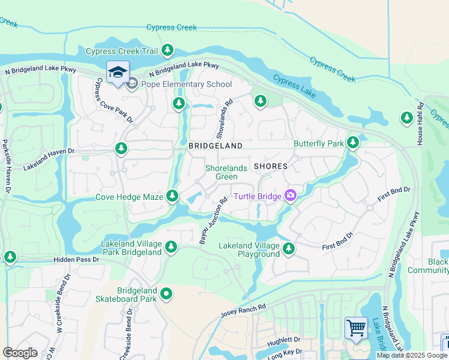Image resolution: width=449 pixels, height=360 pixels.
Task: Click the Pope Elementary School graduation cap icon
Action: pyautogui.click(x=118, y=73)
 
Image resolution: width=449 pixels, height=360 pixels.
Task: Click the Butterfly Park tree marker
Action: pyautogui.click(x=354, y=143)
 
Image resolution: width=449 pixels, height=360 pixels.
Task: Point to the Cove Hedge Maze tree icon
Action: pyautogui.click(x=172, y=196)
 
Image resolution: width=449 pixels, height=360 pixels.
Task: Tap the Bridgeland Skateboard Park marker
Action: pyautogui.click(x=166, y=294)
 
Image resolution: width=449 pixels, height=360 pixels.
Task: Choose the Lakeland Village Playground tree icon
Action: pyautogui.click(x=289, y=248)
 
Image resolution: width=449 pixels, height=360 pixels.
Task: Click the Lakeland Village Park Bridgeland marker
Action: pyautogui.click(x=171, y=247)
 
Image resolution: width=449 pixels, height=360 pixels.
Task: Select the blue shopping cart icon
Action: pyautogui.click(x=356, y=329)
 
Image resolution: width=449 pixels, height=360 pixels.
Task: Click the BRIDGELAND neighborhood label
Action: pyautogui.click(x=215, y=146)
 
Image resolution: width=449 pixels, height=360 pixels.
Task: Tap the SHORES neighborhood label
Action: pyautogui.click(x=271, y=166)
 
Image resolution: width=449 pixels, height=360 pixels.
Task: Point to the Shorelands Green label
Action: pyautogui.click(x=226, y=172)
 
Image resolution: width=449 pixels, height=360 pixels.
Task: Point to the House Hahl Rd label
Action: pyautogui.click(x=421, y=127)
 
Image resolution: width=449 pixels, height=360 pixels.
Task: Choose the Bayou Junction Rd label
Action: pyautogui.click(x=213, y=221)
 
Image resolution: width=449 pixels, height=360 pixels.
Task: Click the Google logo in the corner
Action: pyautogui.click(x=20, y=353)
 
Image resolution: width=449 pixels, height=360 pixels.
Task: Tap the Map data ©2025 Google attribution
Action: pyautogui.click(x=412, y=355)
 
